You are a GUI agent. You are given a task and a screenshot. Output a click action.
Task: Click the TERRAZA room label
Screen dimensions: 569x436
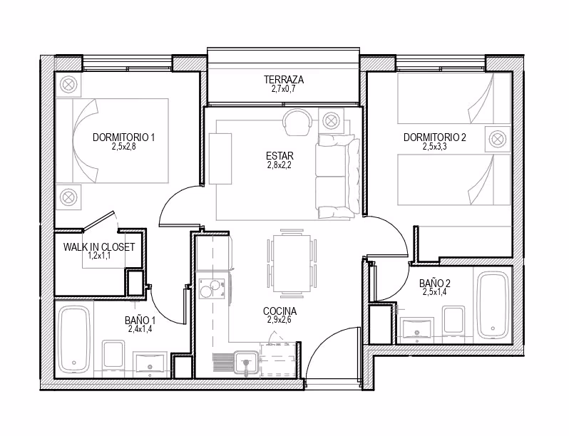click(283, 79)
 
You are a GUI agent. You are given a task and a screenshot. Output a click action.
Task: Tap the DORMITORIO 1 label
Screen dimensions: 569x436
click(124, 137)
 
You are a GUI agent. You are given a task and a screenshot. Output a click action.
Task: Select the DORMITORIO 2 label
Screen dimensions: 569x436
click(435, 137)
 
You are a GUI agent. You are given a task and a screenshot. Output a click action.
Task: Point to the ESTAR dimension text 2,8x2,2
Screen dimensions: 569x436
click(280, 165)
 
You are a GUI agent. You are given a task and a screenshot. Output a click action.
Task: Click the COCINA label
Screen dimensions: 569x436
click(280, 311)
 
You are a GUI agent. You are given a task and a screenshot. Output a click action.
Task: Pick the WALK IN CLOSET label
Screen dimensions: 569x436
click(99, 247)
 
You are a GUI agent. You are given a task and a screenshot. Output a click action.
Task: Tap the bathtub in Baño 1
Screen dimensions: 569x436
click(74, 339)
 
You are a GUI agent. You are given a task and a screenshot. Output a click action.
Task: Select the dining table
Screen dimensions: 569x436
click(292, 263)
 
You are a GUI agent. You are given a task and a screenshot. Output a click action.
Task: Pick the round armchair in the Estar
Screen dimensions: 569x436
click(297, 122)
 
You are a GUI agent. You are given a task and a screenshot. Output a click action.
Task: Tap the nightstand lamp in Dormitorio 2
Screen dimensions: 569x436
click(498, 139)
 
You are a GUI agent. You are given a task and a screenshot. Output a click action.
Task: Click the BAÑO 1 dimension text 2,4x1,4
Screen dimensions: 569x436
click(140, 328)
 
